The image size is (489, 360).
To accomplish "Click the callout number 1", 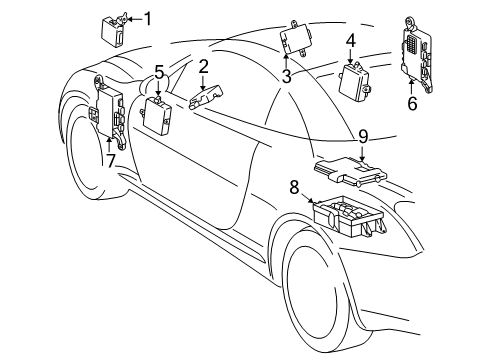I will point(148,17).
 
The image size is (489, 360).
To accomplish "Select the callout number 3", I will point(286,75).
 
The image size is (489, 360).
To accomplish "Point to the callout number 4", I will point(351,41).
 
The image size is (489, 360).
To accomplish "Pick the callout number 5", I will point(159,72).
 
